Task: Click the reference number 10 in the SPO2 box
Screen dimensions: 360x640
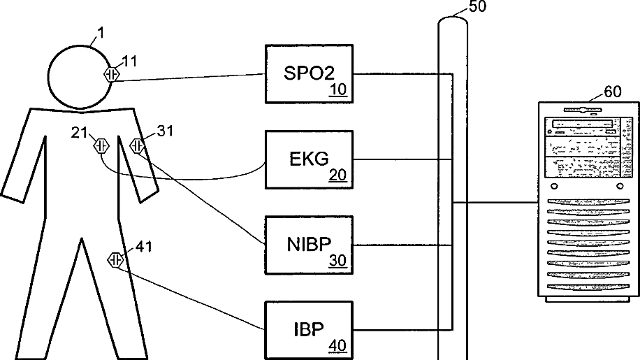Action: (x=337, y=89)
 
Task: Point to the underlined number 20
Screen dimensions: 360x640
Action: (x=337, y=175)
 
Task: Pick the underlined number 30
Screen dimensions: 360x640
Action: (x=337, y=261)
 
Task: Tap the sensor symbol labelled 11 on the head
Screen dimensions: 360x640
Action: (x=111, y=74)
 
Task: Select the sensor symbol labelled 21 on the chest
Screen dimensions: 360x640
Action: (x=101, y=146)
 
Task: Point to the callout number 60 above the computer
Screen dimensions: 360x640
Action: (x=612, y=92)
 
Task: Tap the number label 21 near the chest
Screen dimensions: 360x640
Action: (x=78, y=131)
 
